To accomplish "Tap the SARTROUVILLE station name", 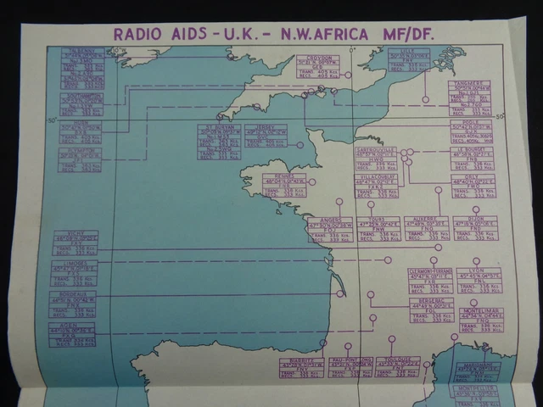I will coord(376,149).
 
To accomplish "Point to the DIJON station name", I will coord(475,218).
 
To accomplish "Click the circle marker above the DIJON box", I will coord(476,209).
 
